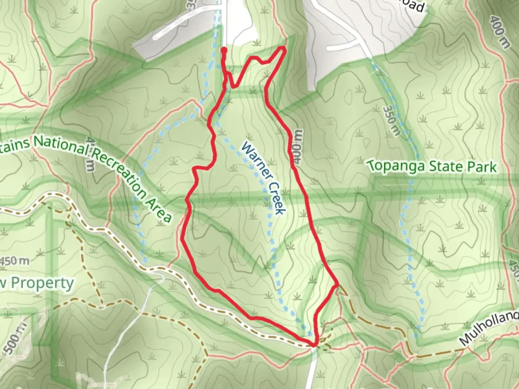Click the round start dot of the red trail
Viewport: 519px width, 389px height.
coord(224,49)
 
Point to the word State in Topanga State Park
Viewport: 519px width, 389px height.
coord(442,166)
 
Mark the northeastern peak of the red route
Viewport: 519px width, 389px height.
coord(284,48)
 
